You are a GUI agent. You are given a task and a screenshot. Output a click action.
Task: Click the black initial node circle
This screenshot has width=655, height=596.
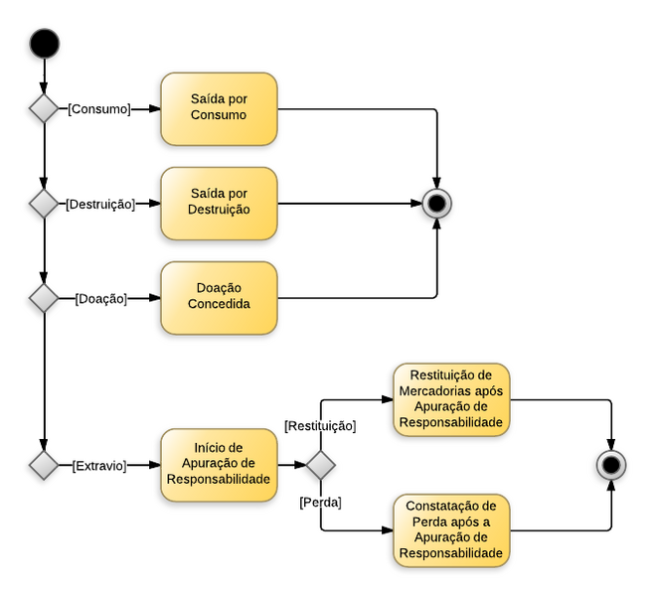(x=44, y=44)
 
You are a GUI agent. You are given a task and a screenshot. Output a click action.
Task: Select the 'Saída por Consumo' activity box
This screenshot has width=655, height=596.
(x=219, y=108)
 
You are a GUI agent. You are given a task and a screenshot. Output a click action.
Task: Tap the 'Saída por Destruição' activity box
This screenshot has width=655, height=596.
(x=219, y=204)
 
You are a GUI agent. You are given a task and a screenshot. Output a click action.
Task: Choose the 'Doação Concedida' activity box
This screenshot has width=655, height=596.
(x=219, y=298)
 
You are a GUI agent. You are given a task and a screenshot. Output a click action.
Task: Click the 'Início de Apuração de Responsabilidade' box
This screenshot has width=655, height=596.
(x=219, y=465)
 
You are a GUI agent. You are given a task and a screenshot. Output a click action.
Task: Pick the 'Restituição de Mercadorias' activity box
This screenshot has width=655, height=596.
(x=451, y=399)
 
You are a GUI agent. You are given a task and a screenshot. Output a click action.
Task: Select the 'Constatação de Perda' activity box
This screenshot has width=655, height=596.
(x=451, y=530)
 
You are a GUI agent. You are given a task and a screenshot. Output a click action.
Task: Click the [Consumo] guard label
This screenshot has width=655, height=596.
(x=99, y=109)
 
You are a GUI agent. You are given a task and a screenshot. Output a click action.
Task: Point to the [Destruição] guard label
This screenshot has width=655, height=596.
(x=99, y=205)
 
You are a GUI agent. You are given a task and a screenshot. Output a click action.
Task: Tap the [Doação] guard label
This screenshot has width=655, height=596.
(x=100, y=298)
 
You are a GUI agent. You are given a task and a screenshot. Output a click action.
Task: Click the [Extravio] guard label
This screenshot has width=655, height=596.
(x=99, y=465)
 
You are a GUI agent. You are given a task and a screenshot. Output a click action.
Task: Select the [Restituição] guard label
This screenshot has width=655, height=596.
(x=320, y=426)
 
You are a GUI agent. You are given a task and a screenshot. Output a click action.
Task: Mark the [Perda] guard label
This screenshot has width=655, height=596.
(x=320, y=503)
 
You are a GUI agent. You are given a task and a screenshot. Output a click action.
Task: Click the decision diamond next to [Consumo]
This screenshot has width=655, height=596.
(x=44, y=108)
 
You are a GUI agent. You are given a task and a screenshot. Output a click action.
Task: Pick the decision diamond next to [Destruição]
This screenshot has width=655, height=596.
(x=44, y=204)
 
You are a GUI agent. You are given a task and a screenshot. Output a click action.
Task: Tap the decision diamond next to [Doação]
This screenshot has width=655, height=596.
(x=44, y=298)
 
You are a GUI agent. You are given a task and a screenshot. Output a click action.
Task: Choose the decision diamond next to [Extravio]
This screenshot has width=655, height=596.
(x=44, y=465)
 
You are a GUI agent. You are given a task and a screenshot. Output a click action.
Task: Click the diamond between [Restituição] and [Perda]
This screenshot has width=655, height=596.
(x=320, y=465)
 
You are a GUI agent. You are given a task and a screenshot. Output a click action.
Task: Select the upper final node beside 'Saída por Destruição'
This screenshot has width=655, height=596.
(x=437, y=204)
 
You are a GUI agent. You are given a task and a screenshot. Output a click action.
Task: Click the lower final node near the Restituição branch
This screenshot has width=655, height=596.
(x=611, y=465)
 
